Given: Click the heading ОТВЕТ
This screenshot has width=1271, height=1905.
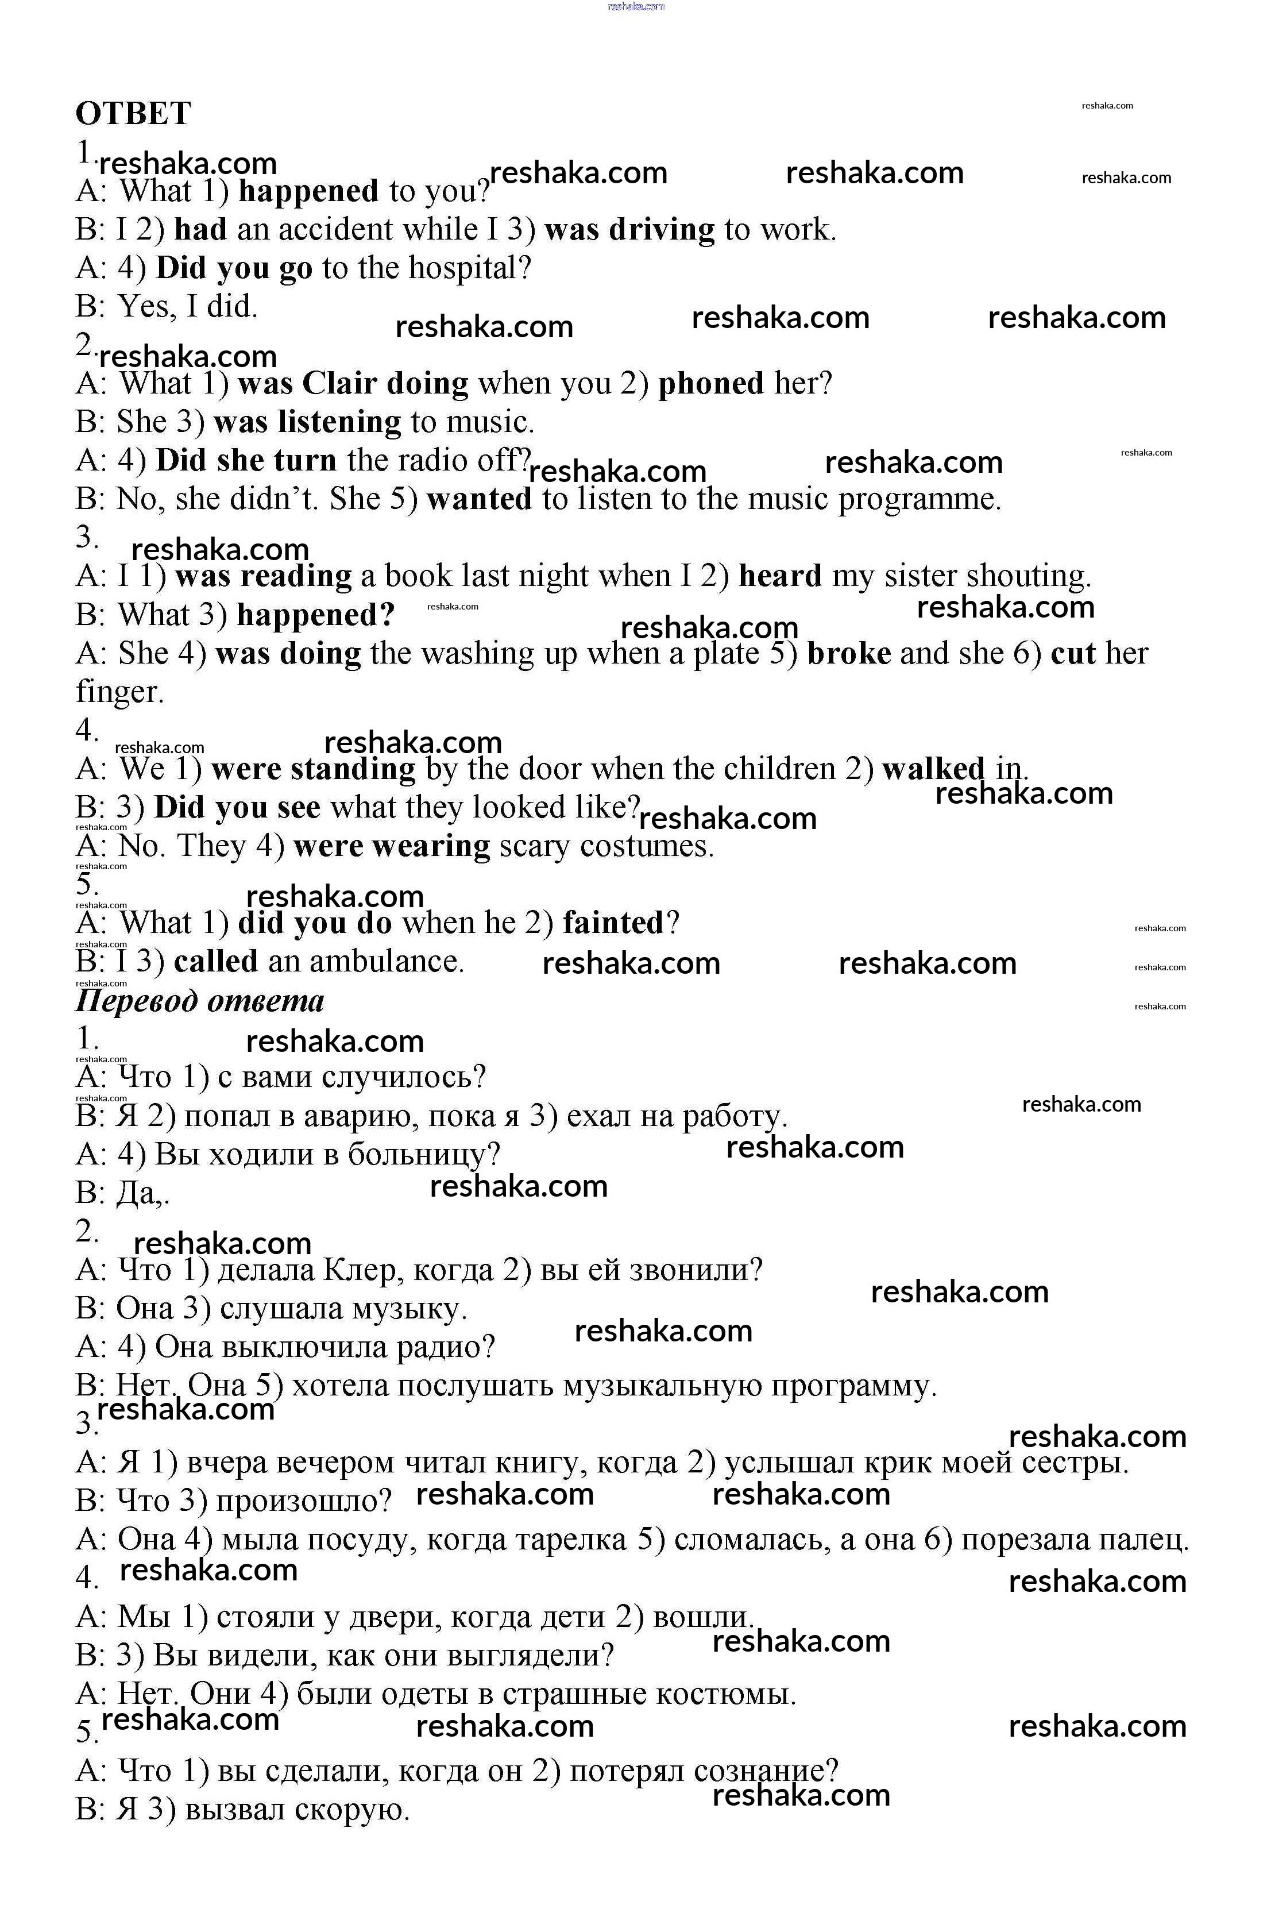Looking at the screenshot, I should tap(133, 114).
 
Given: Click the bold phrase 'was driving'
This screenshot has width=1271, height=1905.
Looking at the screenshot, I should tap(630, 230).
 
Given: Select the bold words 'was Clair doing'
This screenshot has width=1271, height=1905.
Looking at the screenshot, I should tap(353, 383).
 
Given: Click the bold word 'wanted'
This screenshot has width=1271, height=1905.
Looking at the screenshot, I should tap(479, 499).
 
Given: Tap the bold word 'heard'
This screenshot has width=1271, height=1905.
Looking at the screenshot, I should tap(780, 576).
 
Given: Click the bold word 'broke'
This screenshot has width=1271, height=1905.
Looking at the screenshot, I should tap(849, 653).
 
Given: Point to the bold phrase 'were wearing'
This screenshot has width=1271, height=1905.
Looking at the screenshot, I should tap(392, 846).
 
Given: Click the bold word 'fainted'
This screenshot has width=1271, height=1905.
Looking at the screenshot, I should tap(613, 923).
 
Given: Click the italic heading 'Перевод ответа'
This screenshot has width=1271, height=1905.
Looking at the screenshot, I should tap(199, 1001).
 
